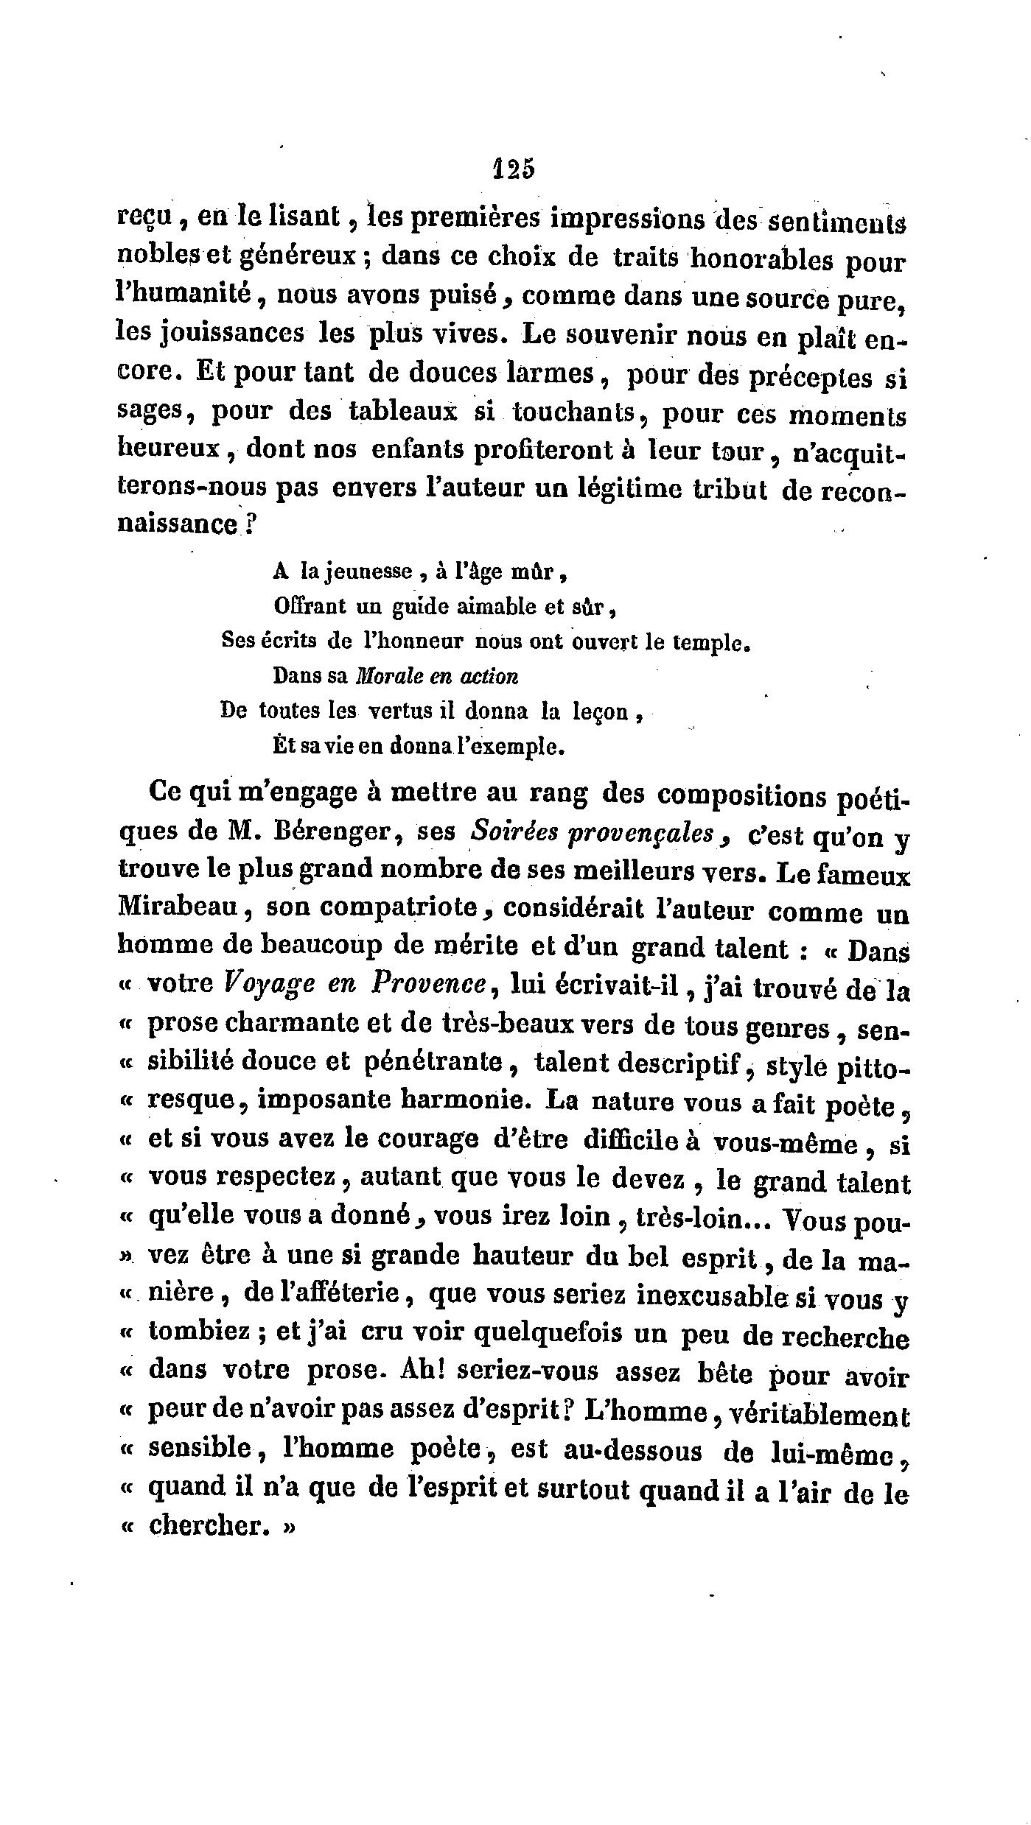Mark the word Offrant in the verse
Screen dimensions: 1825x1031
[x=310, y=606]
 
